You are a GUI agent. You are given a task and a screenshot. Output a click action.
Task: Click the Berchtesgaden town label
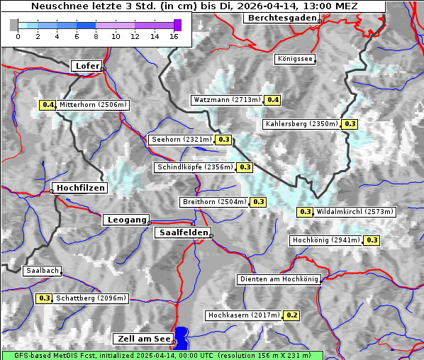click(281, 18)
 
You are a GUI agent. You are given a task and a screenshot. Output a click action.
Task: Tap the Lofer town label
click(87, 66)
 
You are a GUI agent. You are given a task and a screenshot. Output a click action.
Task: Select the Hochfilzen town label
click(80, 188)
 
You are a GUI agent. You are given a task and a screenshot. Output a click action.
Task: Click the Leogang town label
click(127, 220)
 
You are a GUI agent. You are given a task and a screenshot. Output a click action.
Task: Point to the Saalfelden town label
click(182, 232)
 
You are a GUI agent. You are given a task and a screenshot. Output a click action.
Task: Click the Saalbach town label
click(42, 271)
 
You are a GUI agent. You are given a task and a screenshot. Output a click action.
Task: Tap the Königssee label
click(295, 59)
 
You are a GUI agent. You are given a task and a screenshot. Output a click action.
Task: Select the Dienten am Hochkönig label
click(279, 280)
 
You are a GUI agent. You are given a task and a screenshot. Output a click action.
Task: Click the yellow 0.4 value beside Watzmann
click(272, 100)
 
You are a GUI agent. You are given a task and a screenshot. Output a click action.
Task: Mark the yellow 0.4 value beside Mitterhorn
click(48, 105)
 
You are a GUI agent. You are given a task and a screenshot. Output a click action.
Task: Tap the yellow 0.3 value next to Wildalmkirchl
click(305, 212)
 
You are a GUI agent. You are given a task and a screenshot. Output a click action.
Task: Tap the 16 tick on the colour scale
click(174, 36)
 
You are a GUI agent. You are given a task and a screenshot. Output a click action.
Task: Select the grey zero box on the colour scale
click(14, 25)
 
